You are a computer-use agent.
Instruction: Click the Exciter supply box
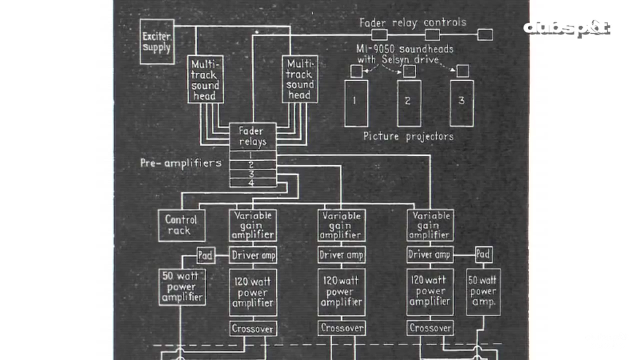[x=157, y=42]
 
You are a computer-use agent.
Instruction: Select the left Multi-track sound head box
[x=205, y=79]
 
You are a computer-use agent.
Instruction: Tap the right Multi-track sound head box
[x=299, y=79]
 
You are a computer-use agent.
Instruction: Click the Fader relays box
[x=252, y=136]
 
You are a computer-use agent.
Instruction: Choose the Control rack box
[x=181, y=225]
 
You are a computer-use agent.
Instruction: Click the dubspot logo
[x=567, y=28]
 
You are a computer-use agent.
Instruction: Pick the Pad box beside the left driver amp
[x=205, y=255]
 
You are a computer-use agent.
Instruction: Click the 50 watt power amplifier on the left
[x=182, y=287]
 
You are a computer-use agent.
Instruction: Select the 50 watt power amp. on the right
[x=483, y=292]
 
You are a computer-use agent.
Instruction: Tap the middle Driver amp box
[x=341, y=255]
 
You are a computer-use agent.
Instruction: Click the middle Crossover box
[x=341, y=328]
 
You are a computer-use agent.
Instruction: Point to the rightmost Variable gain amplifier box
[x=430, y=225]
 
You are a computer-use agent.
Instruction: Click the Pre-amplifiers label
[x=180, y=163]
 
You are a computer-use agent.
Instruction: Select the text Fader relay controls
[x=412, y=22]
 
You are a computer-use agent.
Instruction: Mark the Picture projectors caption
[x=408, y=136]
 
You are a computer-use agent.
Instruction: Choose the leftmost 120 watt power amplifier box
[x=252, y=292]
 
